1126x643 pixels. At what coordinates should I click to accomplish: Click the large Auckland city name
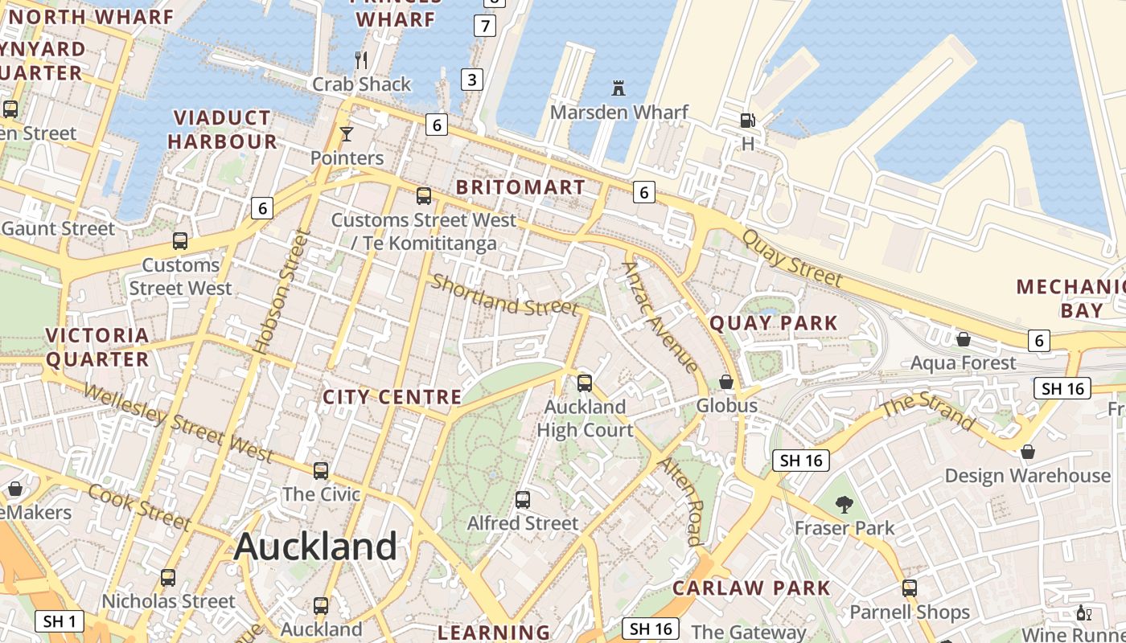click(x=315, y=547)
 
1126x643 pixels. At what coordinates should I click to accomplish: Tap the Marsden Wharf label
click(x=618, y=112)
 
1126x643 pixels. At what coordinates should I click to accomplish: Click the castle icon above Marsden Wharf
click(x=618, y=88)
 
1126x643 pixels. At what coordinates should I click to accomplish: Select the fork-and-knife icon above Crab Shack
click(x=361, y=59)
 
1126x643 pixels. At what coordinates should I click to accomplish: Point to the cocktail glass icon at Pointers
click(x=347, y=134)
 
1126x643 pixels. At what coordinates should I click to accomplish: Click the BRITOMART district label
click(x=520, y=187)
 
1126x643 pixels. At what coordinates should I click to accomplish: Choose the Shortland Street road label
click(x=505, y=295)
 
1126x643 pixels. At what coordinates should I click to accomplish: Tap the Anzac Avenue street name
click(x=660, y=317)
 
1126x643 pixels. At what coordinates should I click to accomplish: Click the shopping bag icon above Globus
click(x=726, y=382)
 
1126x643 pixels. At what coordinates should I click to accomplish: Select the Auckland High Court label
click(x=585, y=418)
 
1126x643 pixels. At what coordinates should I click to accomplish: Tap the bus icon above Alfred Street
click(x=523, y=500)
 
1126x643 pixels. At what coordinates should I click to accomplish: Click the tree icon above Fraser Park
click(x=844, y=505)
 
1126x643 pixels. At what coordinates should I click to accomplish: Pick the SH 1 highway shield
click(x=60, y=621)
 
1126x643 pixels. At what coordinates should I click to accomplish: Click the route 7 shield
click(x=484, y=26)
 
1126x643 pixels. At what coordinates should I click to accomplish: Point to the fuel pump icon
click(x=747, y=121)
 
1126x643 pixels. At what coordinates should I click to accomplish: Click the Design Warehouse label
click(x=1027, y=475)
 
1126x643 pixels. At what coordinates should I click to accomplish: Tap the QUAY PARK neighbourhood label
click(x=774, y=323)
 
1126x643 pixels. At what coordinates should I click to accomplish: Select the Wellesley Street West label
click(x=179, y=423)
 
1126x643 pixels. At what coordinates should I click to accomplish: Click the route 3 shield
click(x=472, y=79)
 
